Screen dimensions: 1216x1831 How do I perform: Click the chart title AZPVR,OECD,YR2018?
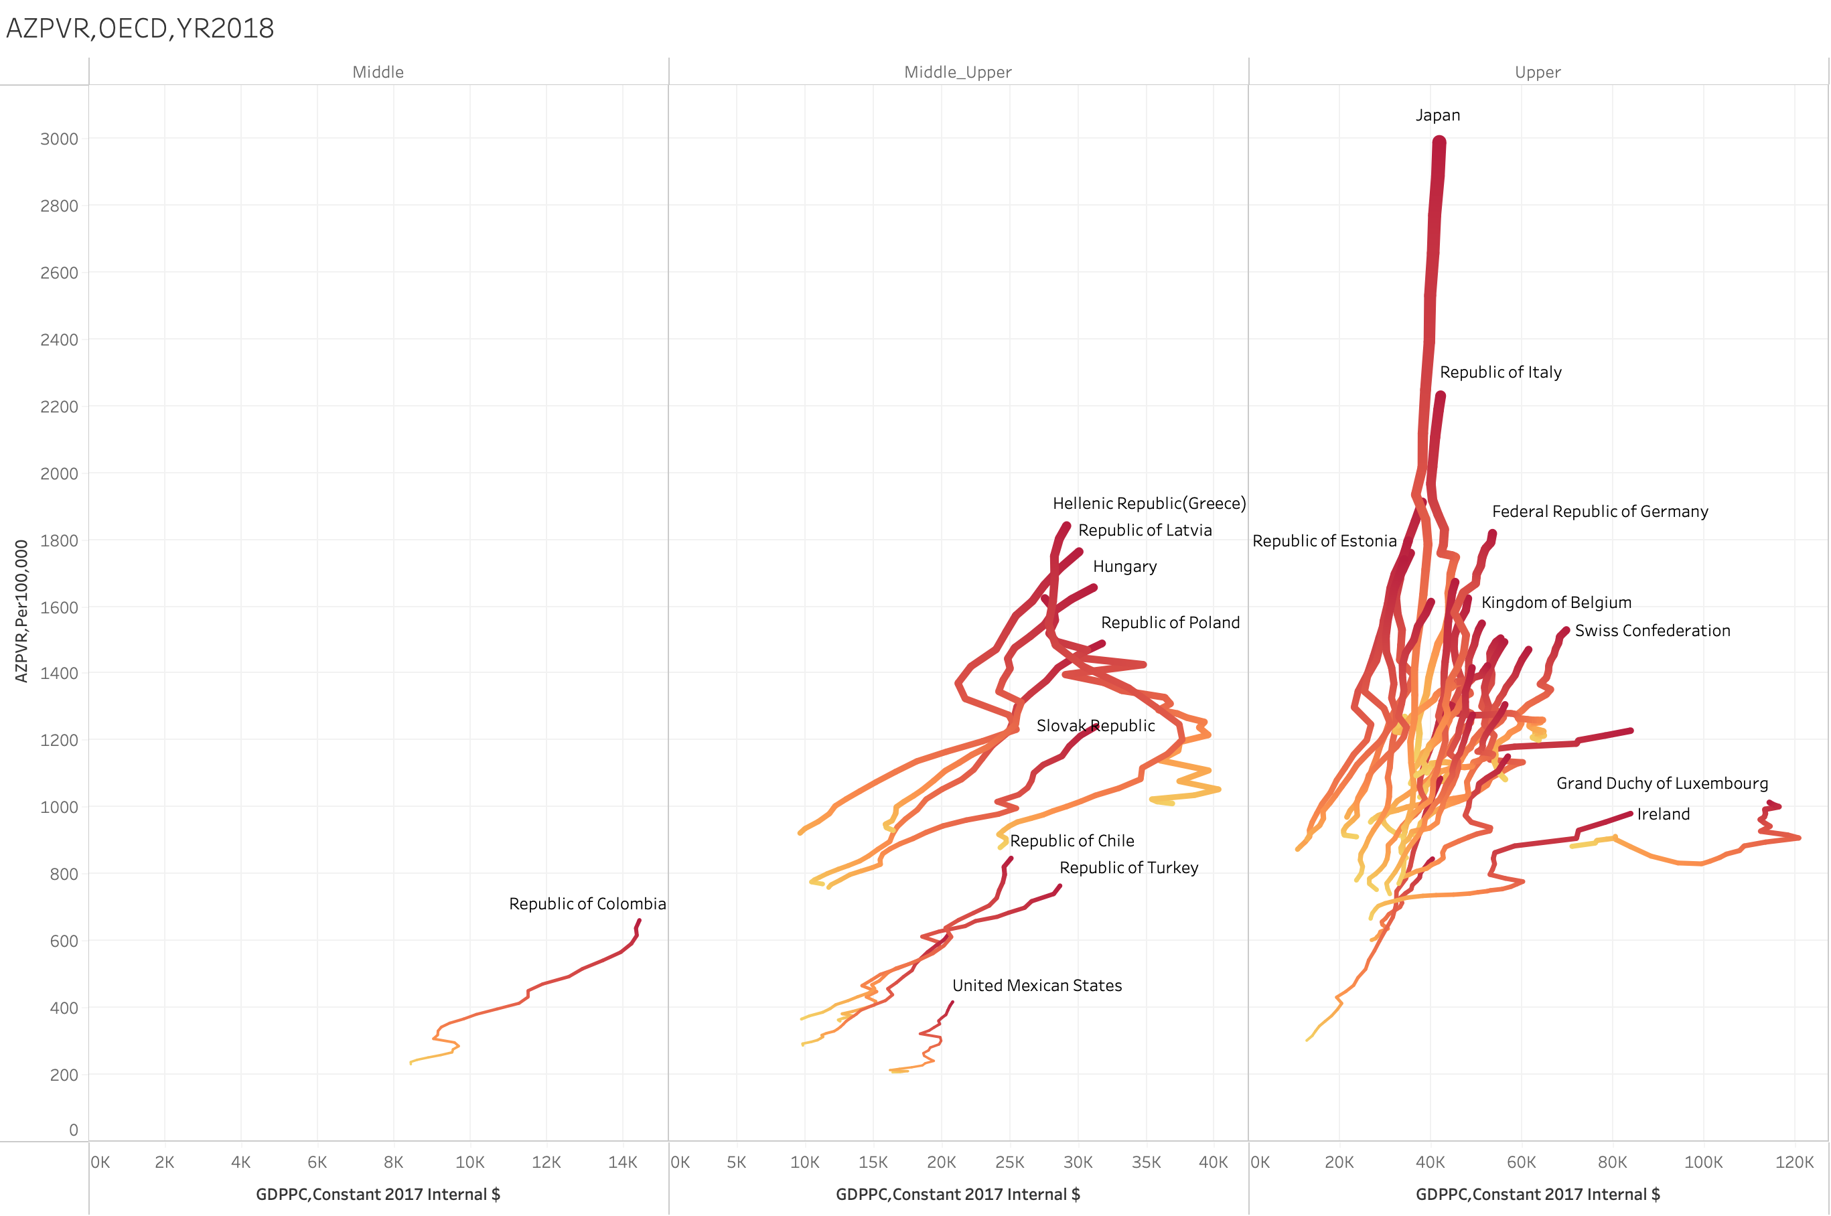pyautogui.click(x=139, y=29)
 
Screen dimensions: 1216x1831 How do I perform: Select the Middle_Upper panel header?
pyautogui.click(x=957, y=72)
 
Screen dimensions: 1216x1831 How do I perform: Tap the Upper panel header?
pyautogui.click(x=1537, y=72)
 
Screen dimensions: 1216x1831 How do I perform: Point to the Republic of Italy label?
pyautogui.click(x=1500, y=372)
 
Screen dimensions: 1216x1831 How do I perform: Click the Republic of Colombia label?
pyautogui.click(x=587, y=903)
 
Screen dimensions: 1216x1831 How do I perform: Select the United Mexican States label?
pyautogui.click(x=1036, y=985)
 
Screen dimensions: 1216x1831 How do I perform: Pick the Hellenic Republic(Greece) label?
pyautogui.click(x=1149, y=504)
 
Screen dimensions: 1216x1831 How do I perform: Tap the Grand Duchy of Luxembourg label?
pyautogui.click(x=1661, y=783)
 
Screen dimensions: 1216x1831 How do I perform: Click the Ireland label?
pyautogui.click(x=1663, y=814)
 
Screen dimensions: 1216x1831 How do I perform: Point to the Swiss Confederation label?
pyautogui.click(x=1652, y=631)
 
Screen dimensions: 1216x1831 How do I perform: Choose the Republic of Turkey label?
pyautogui.click(x=1128, y=867)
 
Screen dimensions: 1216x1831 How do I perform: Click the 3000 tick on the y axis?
pyautogui.click(x=59, y=139)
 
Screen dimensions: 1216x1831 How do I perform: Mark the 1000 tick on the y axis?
pyautogui.click(x=59, y=806)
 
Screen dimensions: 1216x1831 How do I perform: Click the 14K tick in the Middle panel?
pyautogui.click(x=622, y=1162)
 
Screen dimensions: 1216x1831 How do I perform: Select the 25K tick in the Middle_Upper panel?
pyautogui.click(x=1009, y=1162)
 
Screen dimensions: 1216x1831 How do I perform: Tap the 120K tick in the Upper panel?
pyautogui.click(x=1793, y=1162)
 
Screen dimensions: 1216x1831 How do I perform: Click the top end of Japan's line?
pyautogui.click(x=1439, y=142)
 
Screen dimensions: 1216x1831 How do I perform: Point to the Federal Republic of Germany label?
pyautogui.click(x=1599, y=511)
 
